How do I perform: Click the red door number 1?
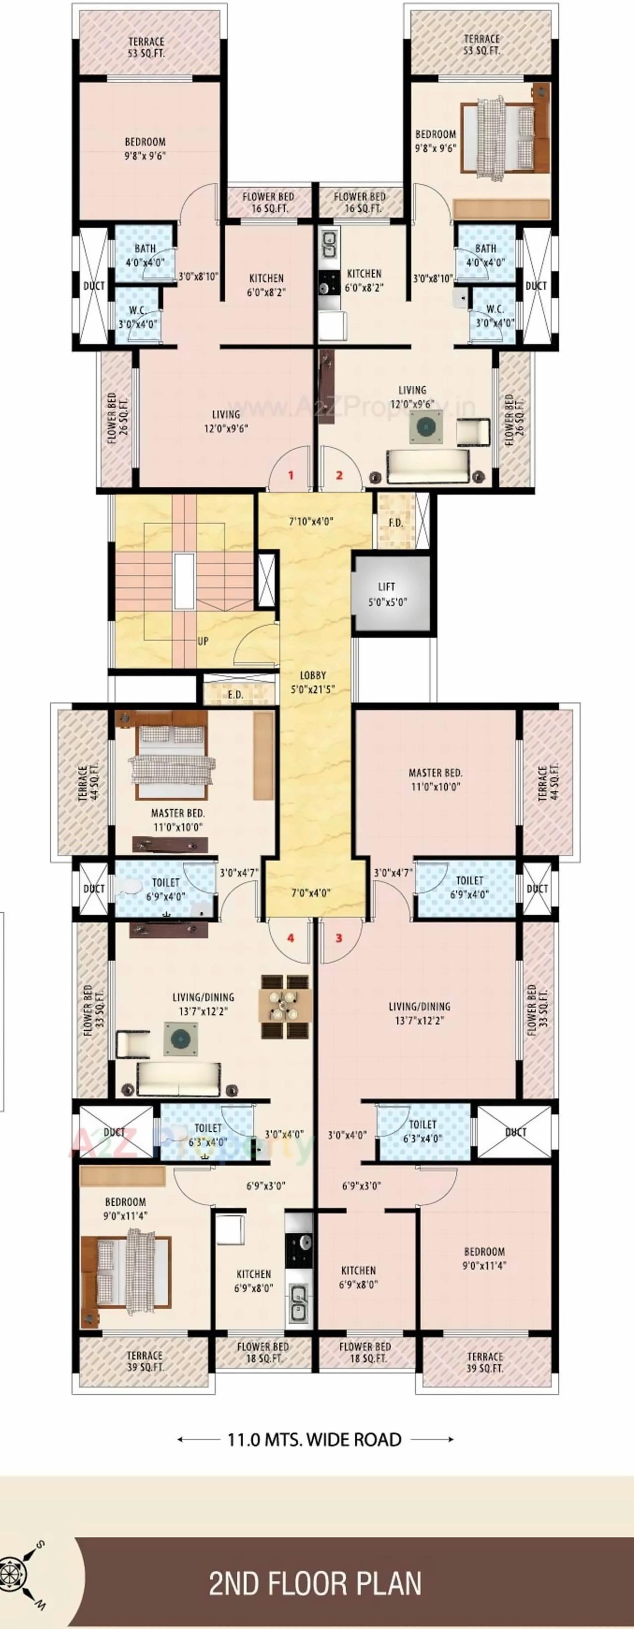(x=291, y=475)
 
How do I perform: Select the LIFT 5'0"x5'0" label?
(x=387, y=595)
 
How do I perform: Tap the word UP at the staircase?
(x=203, y=641)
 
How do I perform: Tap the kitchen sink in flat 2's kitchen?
(x=329, y=243)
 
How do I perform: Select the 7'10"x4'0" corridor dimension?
(x=311, y=522)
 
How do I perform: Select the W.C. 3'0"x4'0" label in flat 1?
(x=138, y=316)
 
